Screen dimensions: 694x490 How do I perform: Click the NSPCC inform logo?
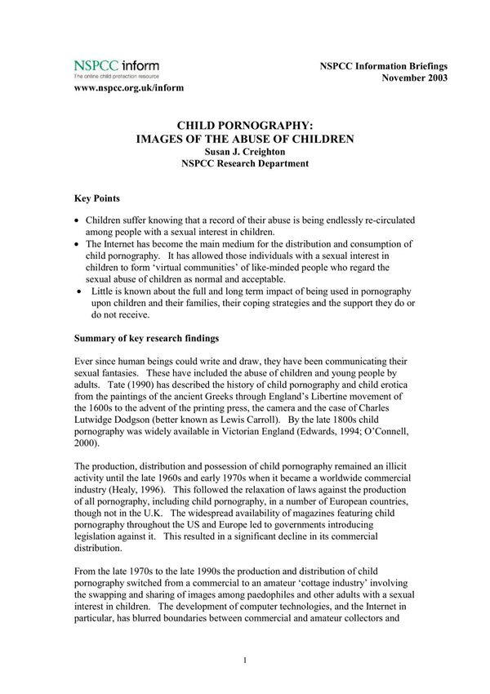coord(116,67)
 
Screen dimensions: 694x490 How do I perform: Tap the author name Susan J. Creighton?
coord(245,152)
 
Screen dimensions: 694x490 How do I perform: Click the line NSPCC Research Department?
coord(245,164)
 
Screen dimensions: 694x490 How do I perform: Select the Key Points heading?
coord(98,198)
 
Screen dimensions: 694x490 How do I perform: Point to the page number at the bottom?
coord(245,659)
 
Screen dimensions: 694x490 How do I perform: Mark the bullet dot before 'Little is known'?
coord(78,291)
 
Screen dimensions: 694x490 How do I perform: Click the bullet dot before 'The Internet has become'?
coord(76,245)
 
